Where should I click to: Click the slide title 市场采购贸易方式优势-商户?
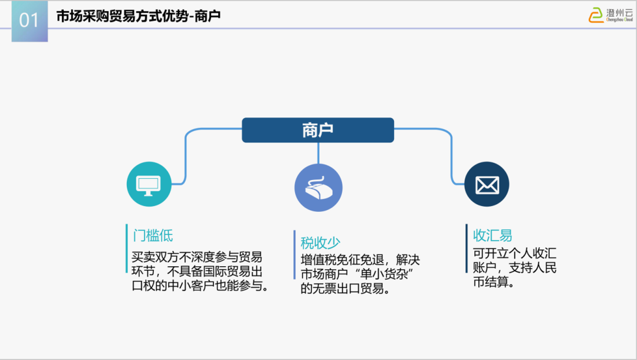[x=138, y=17]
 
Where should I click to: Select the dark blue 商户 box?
[x=317, y=130]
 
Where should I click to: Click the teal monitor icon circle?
[x=149, y=184]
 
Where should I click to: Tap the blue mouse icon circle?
[x=318, y=188]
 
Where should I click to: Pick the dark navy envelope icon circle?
[x=487, y=184]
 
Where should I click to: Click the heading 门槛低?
[x=153, y=235]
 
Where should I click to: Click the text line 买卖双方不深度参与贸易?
[x=197, y=257]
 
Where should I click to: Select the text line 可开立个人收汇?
[x=514, y=253]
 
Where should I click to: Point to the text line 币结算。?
[x=494, y=282]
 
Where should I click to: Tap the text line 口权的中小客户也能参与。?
[x=200, y=286]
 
